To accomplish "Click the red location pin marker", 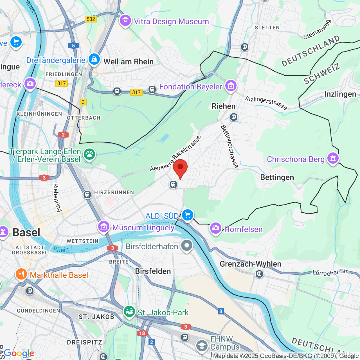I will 180,168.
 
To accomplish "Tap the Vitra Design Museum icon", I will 125,21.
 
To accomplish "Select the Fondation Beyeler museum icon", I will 231,86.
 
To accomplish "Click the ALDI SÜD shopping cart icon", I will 188,215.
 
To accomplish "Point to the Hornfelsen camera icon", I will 215,228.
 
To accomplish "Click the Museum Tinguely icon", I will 104,226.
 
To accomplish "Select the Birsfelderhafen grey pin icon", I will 186,246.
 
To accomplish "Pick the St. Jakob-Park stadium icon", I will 129,312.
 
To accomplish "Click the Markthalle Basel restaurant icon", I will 21,274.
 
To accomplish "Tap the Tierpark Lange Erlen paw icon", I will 89,154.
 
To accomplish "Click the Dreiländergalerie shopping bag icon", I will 94,59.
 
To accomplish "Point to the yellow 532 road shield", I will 91,19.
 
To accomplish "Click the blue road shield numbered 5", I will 73,46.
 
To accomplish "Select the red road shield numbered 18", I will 142,333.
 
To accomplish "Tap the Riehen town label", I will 223,106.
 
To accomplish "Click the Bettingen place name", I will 277,177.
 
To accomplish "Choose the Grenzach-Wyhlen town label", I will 250,264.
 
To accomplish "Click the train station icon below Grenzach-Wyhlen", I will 259,274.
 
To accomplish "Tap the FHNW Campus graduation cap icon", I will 202,346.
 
